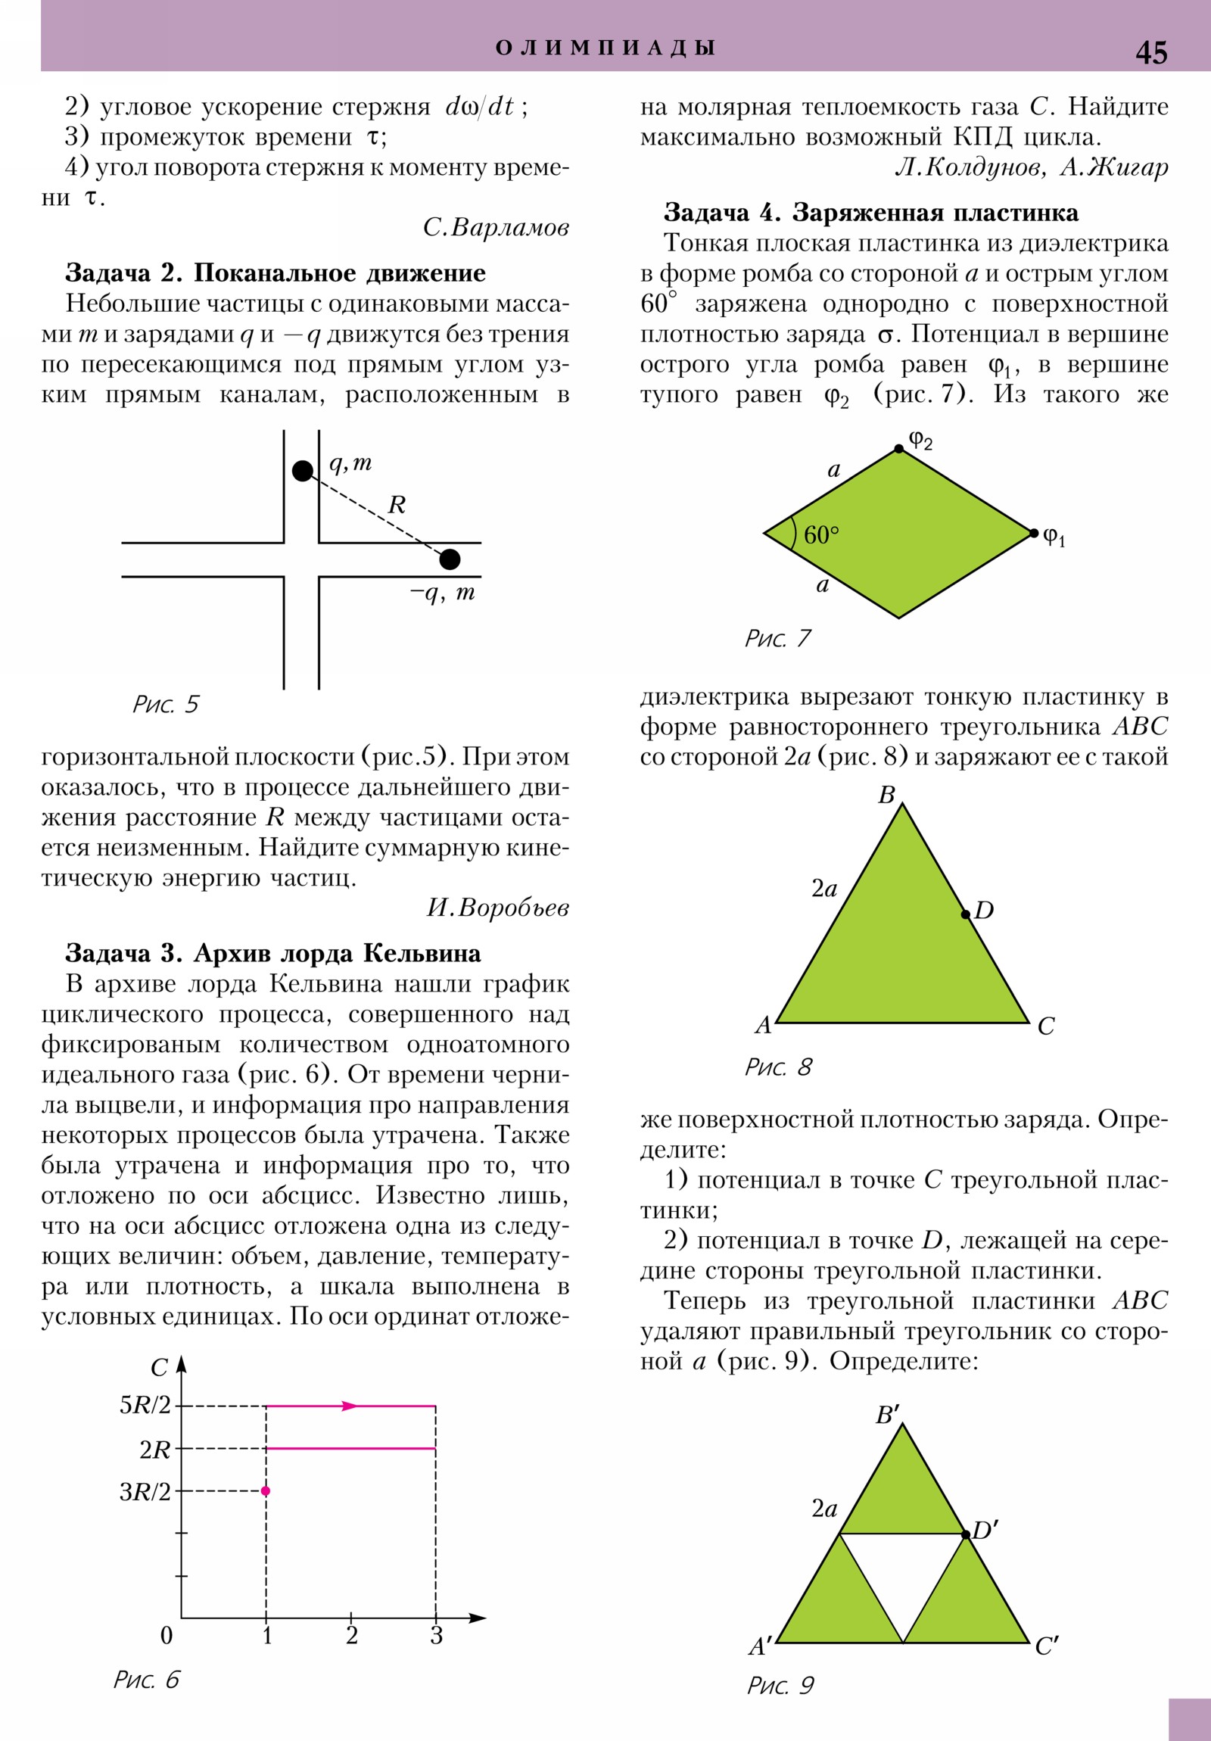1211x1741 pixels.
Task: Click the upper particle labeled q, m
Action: (303, 471)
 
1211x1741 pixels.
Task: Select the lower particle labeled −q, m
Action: (450, 559)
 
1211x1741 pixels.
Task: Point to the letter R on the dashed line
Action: (397, 505)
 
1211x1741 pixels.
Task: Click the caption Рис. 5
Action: (165, 705)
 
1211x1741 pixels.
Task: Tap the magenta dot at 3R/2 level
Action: (266, 1490)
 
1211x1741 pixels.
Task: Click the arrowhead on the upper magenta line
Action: (349, 1406)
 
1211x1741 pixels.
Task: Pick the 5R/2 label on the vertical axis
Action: (145, 1405)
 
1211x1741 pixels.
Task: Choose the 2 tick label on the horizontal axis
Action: (352, 1636)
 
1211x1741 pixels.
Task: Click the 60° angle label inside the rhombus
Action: (821, 535)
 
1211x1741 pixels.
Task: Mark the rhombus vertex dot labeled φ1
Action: (1034, 533)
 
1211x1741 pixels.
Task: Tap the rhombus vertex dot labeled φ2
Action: (898, 449)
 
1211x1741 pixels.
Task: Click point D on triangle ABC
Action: (965, 914)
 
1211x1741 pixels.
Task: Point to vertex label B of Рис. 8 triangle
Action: (886, 795)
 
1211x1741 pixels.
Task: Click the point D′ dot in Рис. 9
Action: (965, 1535)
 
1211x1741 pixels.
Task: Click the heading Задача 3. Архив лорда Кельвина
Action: (273, 953)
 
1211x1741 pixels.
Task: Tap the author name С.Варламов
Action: (496, 228)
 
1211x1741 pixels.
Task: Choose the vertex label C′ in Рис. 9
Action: (1047, 1646)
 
